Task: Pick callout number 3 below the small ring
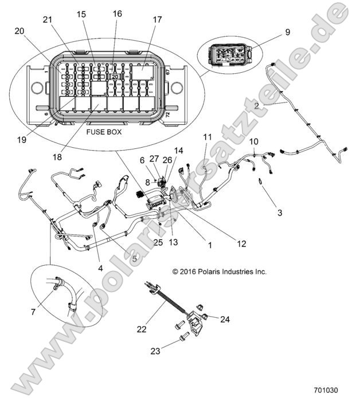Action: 279,213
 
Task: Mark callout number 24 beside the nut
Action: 225,320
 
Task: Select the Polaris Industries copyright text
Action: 220,272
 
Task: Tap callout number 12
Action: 241,244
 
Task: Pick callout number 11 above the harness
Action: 207,137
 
